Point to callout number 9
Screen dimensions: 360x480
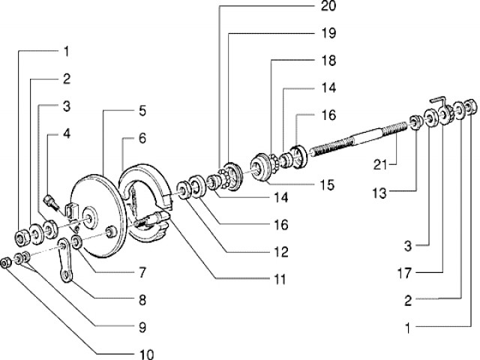point(141,327)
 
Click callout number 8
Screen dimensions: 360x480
point(141,300)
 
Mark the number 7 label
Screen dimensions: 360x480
point(141,271)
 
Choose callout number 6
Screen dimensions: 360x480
point(141,139)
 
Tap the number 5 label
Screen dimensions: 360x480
point(141,112)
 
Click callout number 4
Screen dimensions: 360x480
point(66,133)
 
